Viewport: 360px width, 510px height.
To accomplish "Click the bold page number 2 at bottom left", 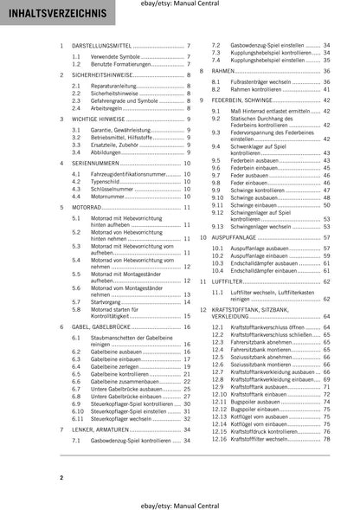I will tap(61, 477).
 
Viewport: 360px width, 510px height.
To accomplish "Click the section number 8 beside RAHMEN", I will tap(203, 70).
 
